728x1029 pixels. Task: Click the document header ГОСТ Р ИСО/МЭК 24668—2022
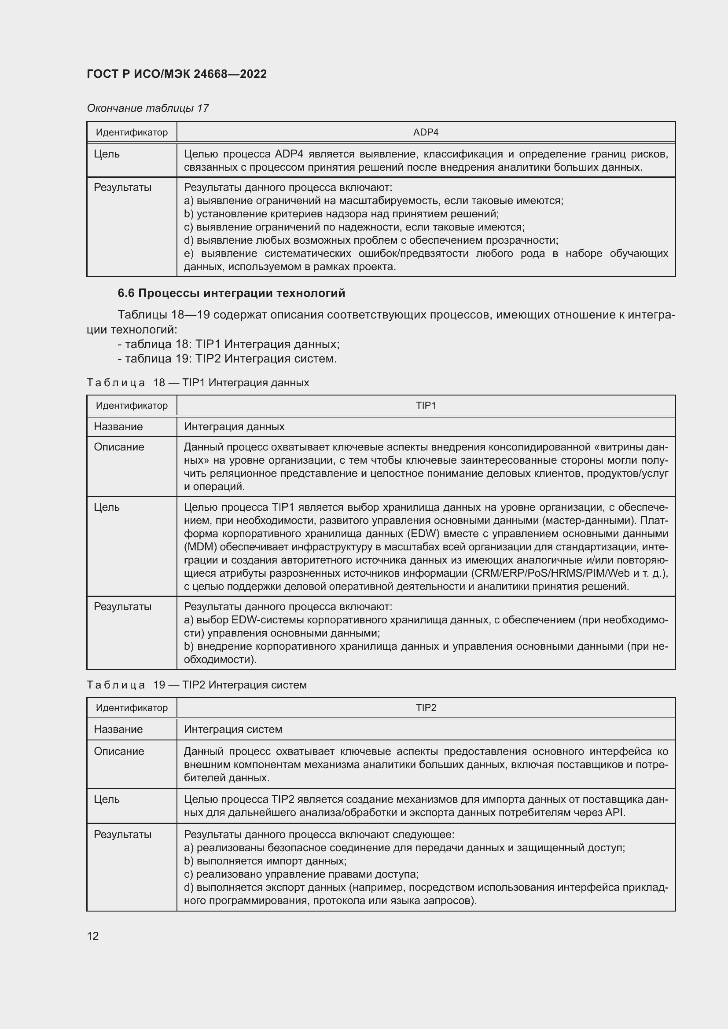[x=176, y=74]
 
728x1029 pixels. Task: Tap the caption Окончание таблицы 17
[x=148, y=108]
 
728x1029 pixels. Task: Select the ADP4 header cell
[x=426, y=132]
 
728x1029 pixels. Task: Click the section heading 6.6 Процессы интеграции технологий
[x=232, y=293]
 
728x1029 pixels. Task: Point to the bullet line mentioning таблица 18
[x=228, y=344]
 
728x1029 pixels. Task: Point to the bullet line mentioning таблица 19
[x=227, y=359]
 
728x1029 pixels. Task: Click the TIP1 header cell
[x=426, y=406]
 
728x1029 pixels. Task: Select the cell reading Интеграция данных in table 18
[x=234, y=427]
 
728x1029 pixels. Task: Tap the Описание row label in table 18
[x=119, y=447]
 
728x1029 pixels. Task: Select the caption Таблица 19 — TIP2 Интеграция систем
[x=196, y=685]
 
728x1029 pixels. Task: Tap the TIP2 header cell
[x=426, y=708]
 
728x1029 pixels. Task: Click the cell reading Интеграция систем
[x=233, y=729]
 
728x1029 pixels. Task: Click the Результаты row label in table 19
[x=122, y=835]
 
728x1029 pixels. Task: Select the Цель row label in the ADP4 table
[x=107, y=154]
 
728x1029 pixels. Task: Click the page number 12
[x=93, y=936]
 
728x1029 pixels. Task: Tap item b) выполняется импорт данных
[x=265, y=861]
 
